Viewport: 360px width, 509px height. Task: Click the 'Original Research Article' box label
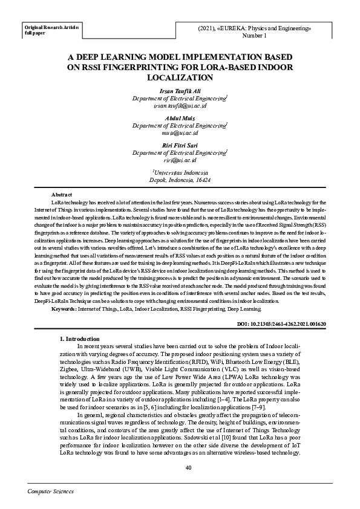[51, 27]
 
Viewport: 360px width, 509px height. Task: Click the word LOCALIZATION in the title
[180, 78]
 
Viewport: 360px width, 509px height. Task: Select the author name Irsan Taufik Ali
[180, 90]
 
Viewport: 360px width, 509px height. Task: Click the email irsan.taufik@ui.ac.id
[180, 105]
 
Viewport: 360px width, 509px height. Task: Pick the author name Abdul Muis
[180, 118]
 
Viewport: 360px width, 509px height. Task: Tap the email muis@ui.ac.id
[180, 132]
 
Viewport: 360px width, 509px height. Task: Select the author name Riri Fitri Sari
[180, 146]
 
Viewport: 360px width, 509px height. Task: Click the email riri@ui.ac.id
[180, 160]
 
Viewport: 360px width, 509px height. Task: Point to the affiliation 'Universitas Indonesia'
[180, 172]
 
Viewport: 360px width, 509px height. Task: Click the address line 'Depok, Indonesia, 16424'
[180, 180]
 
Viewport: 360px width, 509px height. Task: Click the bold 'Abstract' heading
[62, 194]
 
